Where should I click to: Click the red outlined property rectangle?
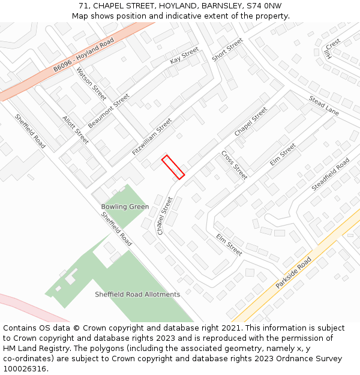pyautogui.click(x=173, y=167)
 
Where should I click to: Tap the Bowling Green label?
pyautogui.click(x=125, y=207)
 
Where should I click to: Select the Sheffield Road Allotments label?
pyautogui.click(x=137, y=295)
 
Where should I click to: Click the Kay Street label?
pyautogui.click(x=184, y=55)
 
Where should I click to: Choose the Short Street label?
pyautogui.click(x=227, y=50)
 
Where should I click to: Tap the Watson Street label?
pyautogui.click(x=91, y=83)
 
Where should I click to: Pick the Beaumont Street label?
pyautogui.click(x=109, y=110)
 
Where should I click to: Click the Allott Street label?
pyautogui.click(x=76, y=130)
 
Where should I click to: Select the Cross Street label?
pyautogui.click(x=234, y=165)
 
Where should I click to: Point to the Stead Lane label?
pyautogui.click(x=324, y=106)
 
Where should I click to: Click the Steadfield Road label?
pyautogui.click(x=331, y=175)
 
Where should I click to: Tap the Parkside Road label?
pyautogui.click(x=294, y=274)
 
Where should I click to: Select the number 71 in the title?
pyautogui.click(x=83, y=6)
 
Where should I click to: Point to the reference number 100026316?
pyautogui.click(x=25, y=369)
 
